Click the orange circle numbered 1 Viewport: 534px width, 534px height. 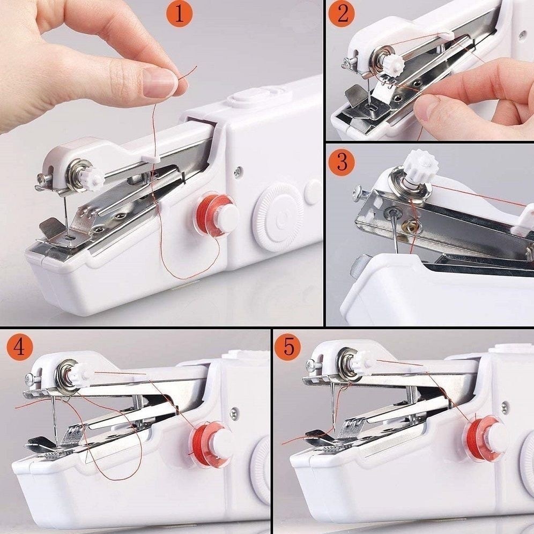click(x=180, y=14)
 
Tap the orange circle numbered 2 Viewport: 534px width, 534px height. click(x=342, y=14)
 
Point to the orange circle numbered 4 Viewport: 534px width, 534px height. click(x=19, y=347)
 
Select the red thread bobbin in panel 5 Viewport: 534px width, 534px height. click(x=485, y=437)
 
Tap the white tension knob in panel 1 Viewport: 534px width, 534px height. click(x=93, y=179)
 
